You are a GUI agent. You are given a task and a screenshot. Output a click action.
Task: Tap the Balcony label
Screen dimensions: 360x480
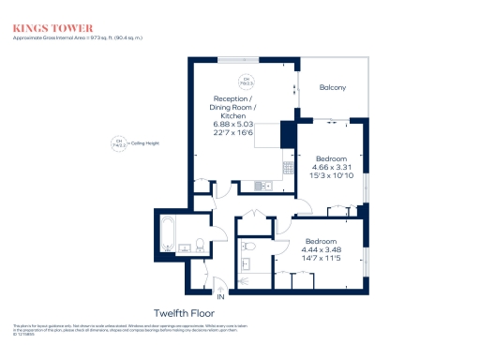point(332,88)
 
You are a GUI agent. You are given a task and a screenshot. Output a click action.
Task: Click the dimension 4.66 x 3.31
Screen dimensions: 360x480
point(331,168)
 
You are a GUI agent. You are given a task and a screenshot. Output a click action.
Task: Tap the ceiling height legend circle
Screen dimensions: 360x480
point(118,144)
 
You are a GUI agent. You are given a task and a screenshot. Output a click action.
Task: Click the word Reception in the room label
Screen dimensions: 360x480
point(231,98)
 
